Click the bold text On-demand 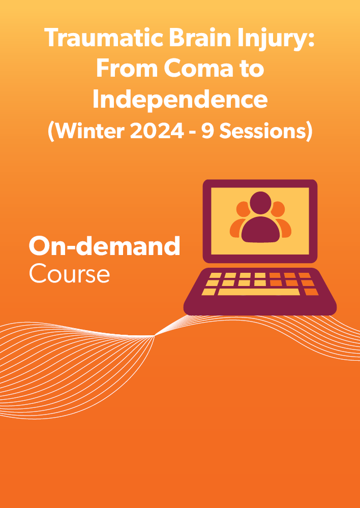pos(104,246)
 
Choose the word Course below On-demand pos(69,274)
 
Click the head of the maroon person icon pos(260,203)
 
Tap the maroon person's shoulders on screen pos(260,230)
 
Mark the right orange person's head pos(279,209)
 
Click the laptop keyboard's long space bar pos(259,292)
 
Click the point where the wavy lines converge pos(155,336)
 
